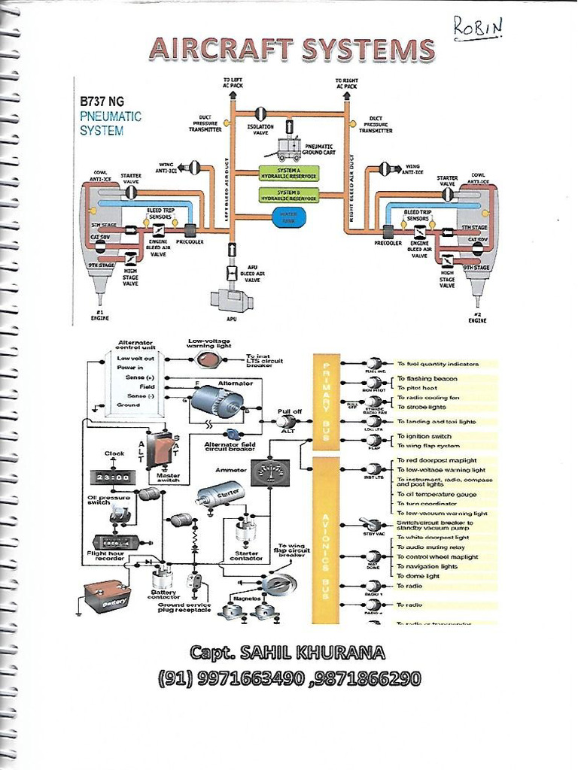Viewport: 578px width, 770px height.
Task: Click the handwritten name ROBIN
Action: click(x=477, y=27)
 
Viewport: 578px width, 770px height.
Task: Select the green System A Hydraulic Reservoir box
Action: click(x=288, y=174)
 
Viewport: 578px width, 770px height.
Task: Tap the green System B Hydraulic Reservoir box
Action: click(x=288, y=195)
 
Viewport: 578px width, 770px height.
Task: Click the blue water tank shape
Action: click(x=288, y=217)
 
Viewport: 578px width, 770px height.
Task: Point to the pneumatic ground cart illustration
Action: click(x=289, y=150)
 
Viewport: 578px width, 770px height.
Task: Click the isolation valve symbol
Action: click(x=261, y=114)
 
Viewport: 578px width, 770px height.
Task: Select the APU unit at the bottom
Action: click(x=231, y=299)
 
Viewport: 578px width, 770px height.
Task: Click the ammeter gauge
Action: click(x=269, y=472)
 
